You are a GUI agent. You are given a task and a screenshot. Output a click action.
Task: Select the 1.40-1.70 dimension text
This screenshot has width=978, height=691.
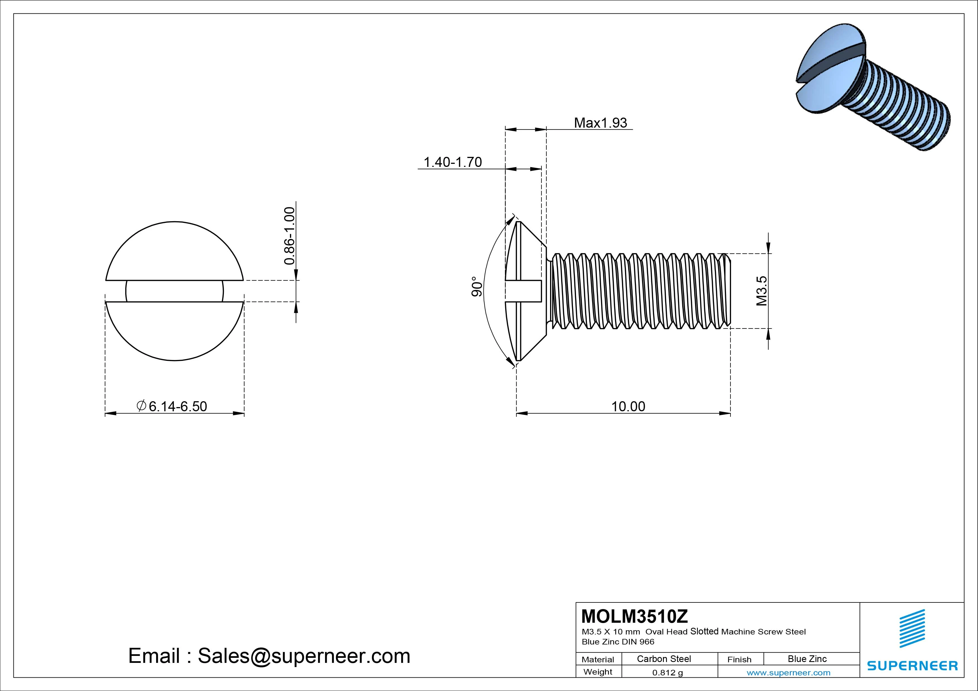pos(452,162)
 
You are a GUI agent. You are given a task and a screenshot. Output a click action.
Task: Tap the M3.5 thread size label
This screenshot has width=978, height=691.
pos(762,291)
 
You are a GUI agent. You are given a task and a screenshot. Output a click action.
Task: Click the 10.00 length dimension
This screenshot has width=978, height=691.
pos(628,406)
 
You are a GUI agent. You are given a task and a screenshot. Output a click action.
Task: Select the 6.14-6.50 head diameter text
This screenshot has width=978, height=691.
pos(178,406)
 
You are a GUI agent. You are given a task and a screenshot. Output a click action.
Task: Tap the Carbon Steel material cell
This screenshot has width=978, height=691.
pos(664,659)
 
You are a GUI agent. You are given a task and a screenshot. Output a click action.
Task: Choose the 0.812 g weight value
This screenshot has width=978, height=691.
pos(667,673)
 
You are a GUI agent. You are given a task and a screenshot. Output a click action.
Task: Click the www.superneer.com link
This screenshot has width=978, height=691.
pos(788,673)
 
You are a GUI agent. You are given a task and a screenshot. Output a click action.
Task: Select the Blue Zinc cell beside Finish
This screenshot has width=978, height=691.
pos(807,659)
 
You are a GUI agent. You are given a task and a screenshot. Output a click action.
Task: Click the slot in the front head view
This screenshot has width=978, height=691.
pos(175,291)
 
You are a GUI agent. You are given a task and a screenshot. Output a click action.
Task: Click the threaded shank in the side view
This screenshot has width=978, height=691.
pos(639,291)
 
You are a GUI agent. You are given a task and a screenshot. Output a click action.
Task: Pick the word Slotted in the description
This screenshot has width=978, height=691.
pos(704,631)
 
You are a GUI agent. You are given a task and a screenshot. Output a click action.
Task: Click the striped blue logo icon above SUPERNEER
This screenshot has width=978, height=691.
pos(912,628)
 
